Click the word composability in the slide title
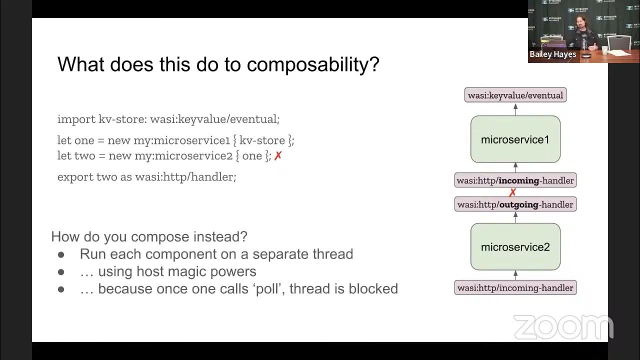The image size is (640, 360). pos(312,64)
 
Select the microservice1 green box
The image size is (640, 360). pos(515,139)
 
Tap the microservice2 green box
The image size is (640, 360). pos(515,247)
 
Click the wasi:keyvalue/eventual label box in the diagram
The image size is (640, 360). pos(515,95)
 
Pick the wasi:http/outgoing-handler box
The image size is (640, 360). pos(515,204)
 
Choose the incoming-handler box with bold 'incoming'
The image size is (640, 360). pos(515,180)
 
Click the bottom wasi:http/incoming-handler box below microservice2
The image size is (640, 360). pos(515,288)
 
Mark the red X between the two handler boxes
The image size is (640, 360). pos(512,192)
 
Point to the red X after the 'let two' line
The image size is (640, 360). pos(278,156)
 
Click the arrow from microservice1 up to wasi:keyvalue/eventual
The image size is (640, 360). pos(515,109)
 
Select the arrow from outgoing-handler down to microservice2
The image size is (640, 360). pos(515,217)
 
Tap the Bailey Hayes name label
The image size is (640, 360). pos(552,54)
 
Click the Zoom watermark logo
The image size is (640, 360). pos(563,327)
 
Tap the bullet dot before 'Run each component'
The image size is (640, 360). pos(61,254)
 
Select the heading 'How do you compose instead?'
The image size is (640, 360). pos(149,236)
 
